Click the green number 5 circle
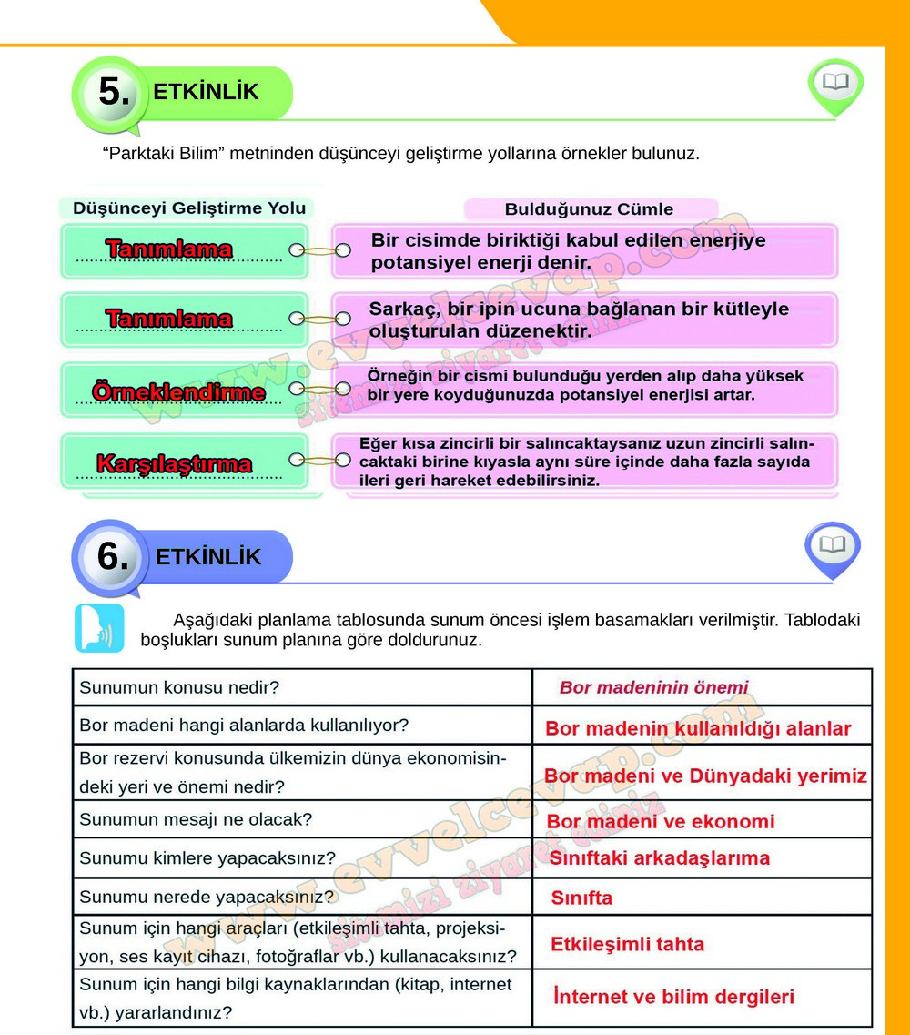coord(113,92)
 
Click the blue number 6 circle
coord(113,556)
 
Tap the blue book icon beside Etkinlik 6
coord(832,547)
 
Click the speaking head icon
coord(99,628)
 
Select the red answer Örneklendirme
coord(178,393)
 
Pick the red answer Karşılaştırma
coord(174,464)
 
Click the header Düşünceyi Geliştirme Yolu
coord(189,208)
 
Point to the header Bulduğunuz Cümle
coord(589,208)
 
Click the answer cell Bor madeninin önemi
coord(653,687)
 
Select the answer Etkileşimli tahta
coord(627,944)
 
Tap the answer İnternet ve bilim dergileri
coord(673,997)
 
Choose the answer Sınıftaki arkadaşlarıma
coord(659,858)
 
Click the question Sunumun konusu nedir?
coord(178,687)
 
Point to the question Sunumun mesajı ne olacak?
coord(196,819)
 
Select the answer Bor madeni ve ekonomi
coord(660,822)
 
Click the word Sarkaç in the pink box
coord(399,309)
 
